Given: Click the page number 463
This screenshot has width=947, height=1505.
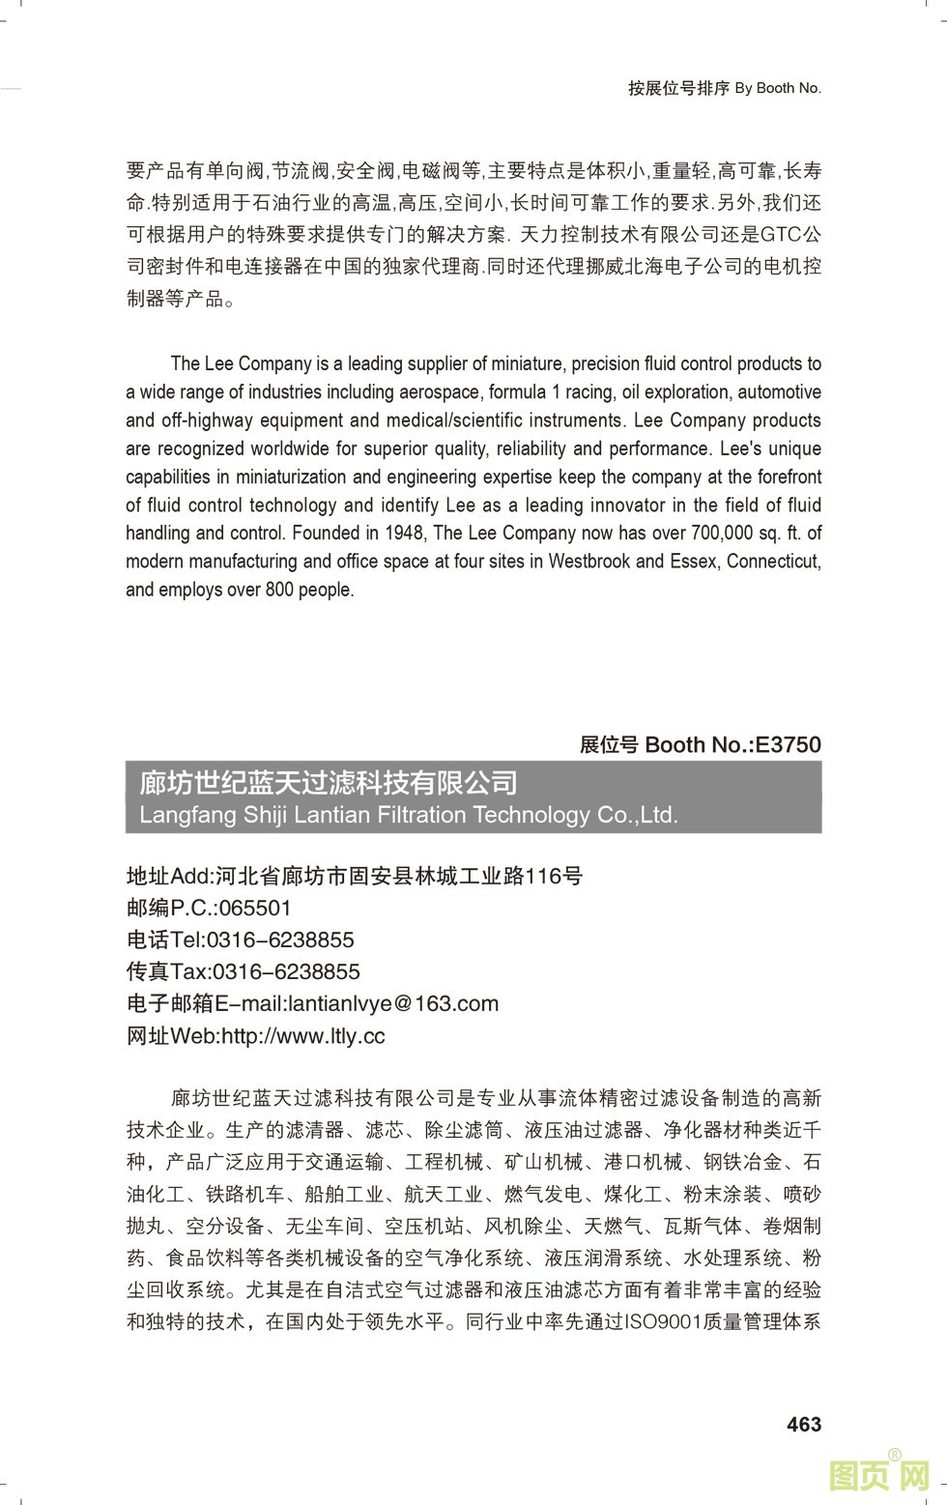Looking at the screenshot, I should (x=804, y=1424).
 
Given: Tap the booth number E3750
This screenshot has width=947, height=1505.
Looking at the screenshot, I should (x=788, y=744).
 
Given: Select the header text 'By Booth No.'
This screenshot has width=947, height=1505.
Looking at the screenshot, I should (x=778, y=88).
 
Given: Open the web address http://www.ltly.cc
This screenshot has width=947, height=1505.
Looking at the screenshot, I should (x=303, y=1036).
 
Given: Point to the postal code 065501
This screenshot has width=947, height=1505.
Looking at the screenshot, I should (x=255, y=908).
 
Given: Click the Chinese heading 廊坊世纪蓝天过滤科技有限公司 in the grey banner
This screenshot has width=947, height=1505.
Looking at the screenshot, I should (x=329, y=782).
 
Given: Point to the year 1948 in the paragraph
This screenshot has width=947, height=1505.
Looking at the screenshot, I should (x=404, y=533).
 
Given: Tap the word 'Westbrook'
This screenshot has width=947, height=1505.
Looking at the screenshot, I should (x=589, y=561).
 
